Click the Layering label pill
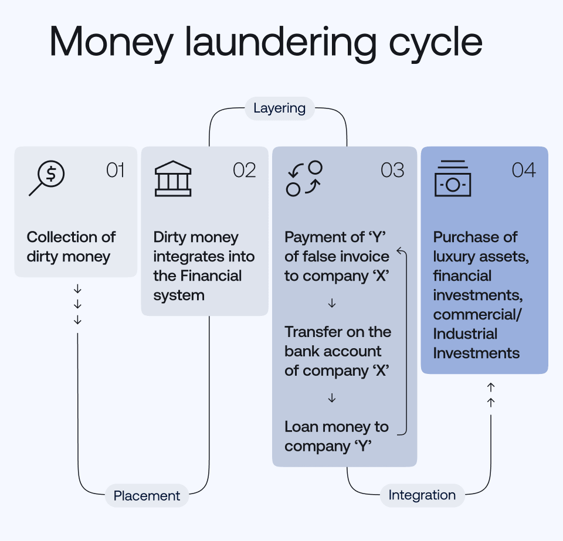click(x=279, y=108)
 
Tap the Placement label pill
click(x=147, y=496)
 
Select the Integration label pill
click(x=422, y=495)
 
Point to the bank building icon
click(x=172, y=178)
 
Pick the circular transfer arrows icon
click(x=305, y=178)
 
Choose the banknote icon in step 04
click(x=453, y=179)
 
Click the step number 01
click(x=115, y=171)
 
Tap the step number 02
click(x=245, y=171)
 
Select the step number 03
click(x=392, y=171)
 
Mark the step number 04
click(x=524, y=171)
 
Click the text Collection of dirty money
click(x=71, y=247)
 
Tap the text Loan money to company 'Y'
click(x=337, y=436)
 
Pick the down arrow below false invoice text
click(x=332, y=304)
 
